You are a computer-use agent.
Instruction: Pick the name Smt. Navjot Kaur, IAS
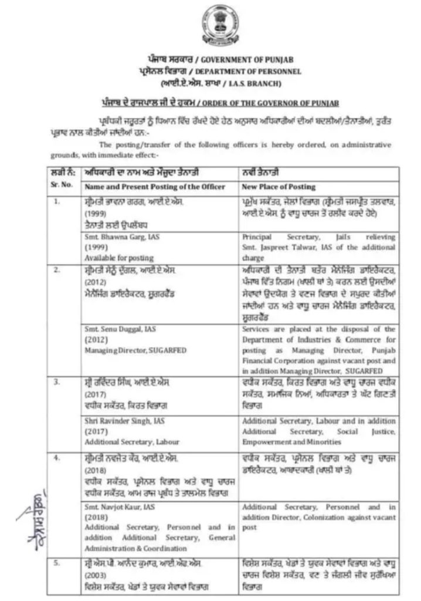(x=117, y=506)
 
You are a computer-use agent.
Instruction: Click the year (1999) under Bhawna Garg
(x=95, y=247)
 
